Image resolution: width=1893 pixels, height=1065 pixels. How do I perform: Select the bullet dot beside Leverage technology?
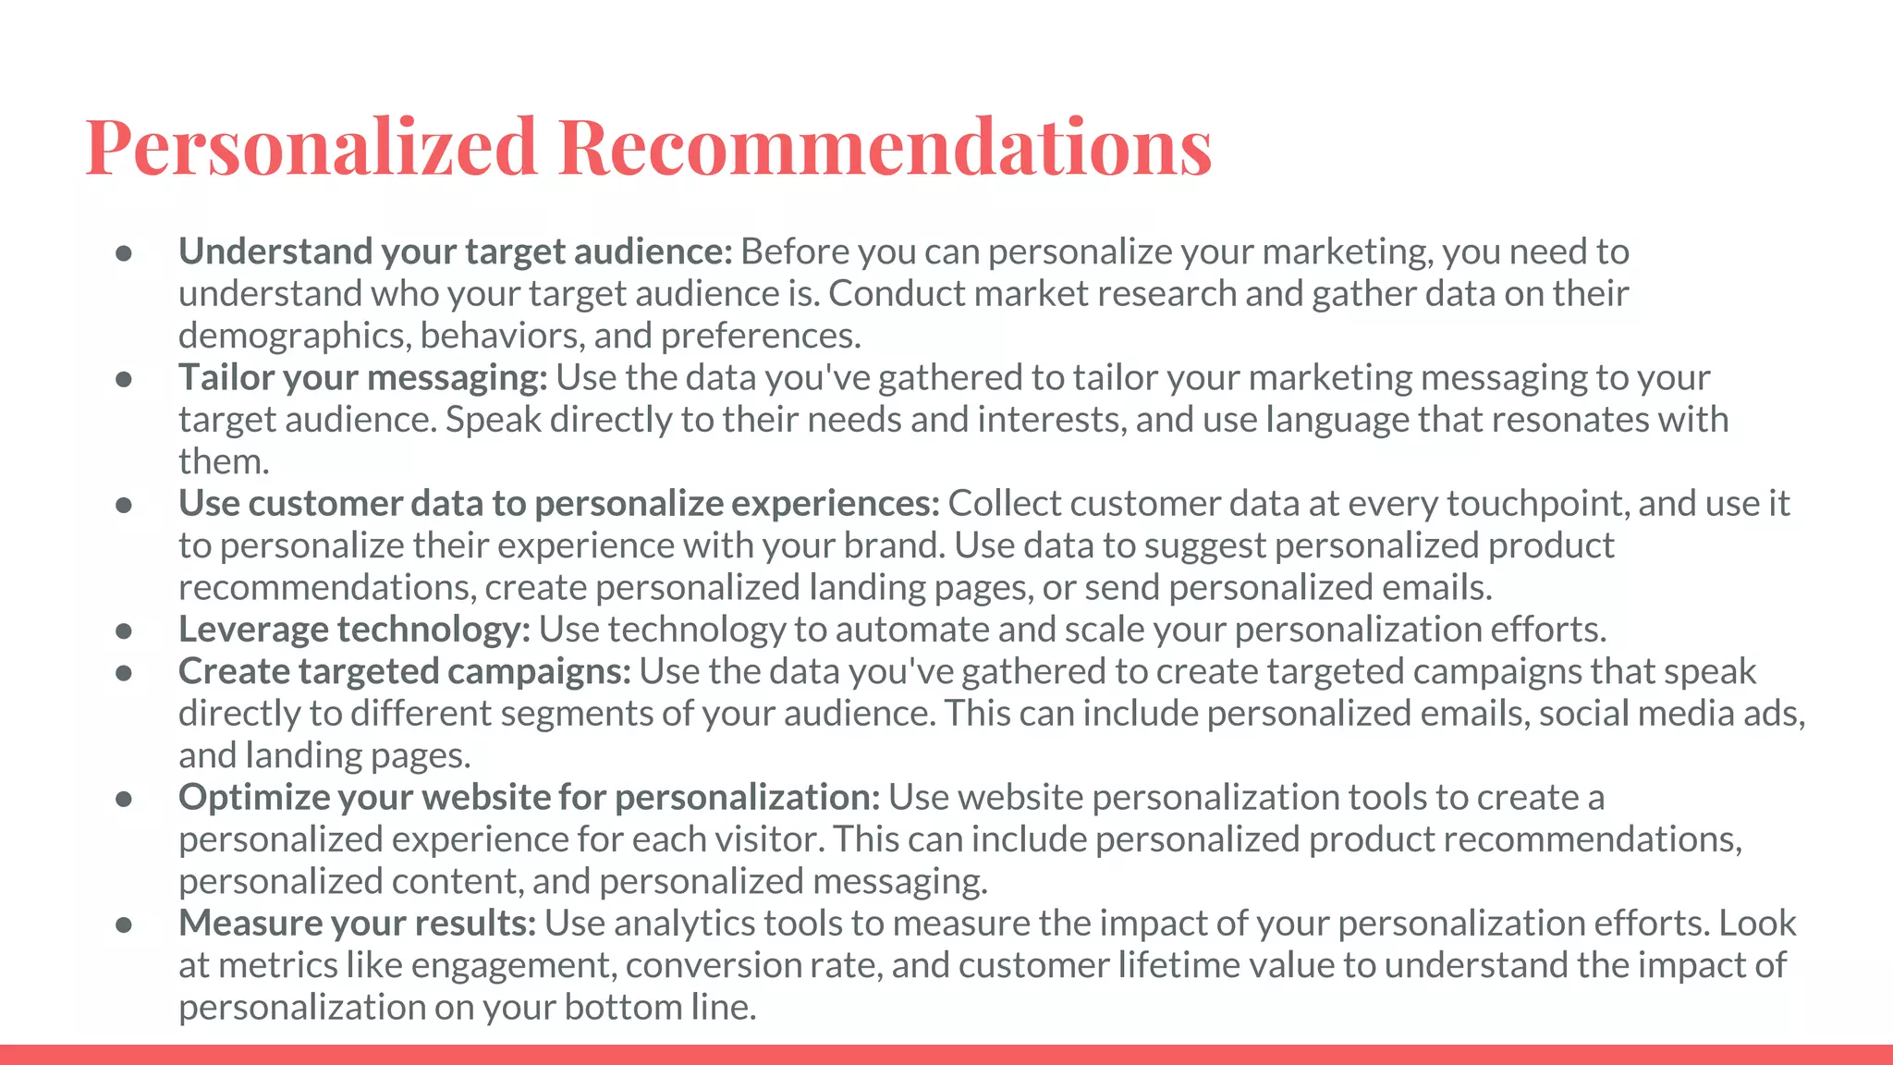[125, 630]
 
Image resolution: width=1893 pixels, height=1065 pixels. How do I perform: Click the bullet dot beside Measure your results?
[125, 924]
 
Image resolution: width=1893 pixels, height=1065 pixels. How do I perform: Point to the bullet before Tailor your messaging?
[125, 379]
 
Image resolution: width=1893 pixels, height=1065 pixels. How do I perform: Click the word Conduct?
[896, 294]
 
